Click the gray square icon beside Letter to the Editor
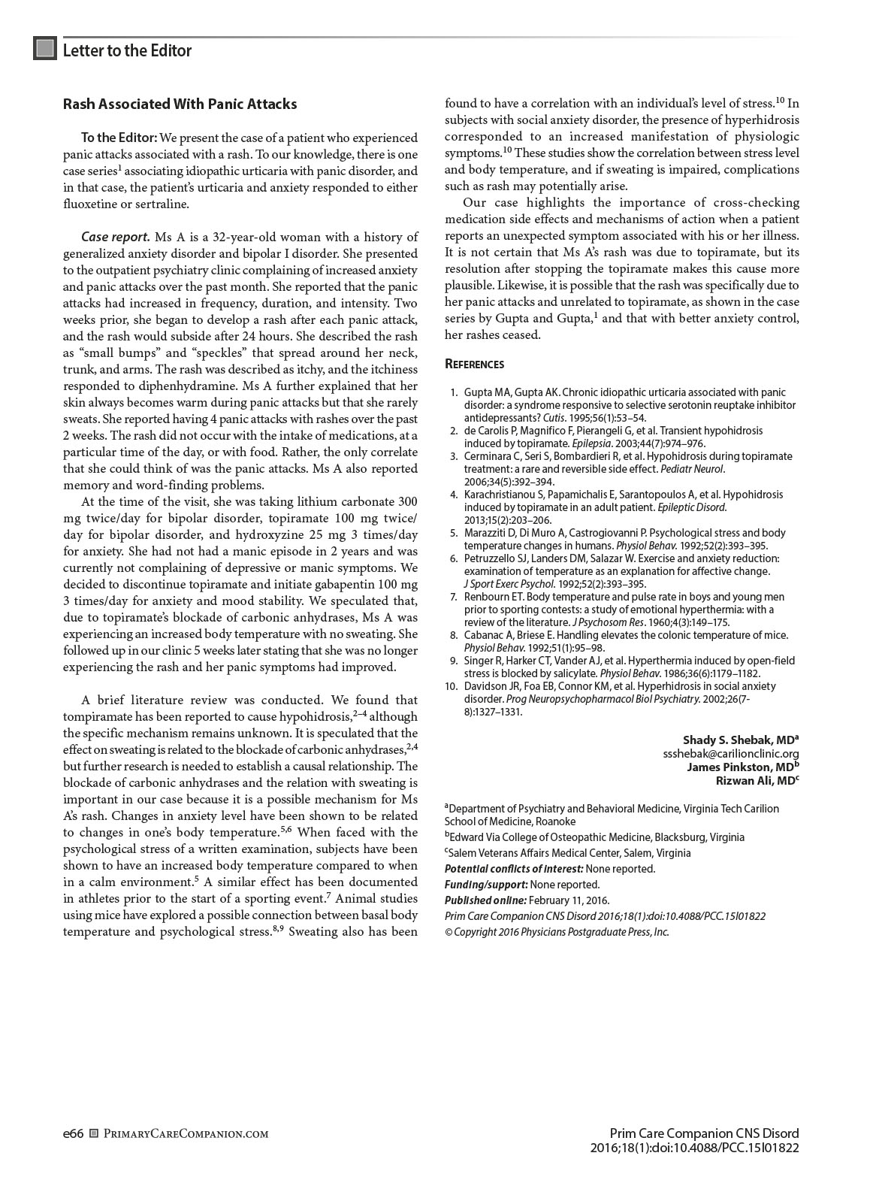coord(45,49)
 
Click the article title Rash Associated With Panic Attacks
coord(180,104)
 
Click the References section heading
coord(474,365)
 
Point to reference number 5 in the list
coord(454,533)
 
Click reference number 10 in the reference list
coord(452,686)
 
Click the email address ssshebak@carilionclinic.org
coord(730,754)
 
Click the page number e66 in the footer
coord(73,1133)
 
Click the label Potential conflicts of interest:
coord(514,869)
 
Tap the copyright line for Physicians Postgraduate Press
coord(556,932)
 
